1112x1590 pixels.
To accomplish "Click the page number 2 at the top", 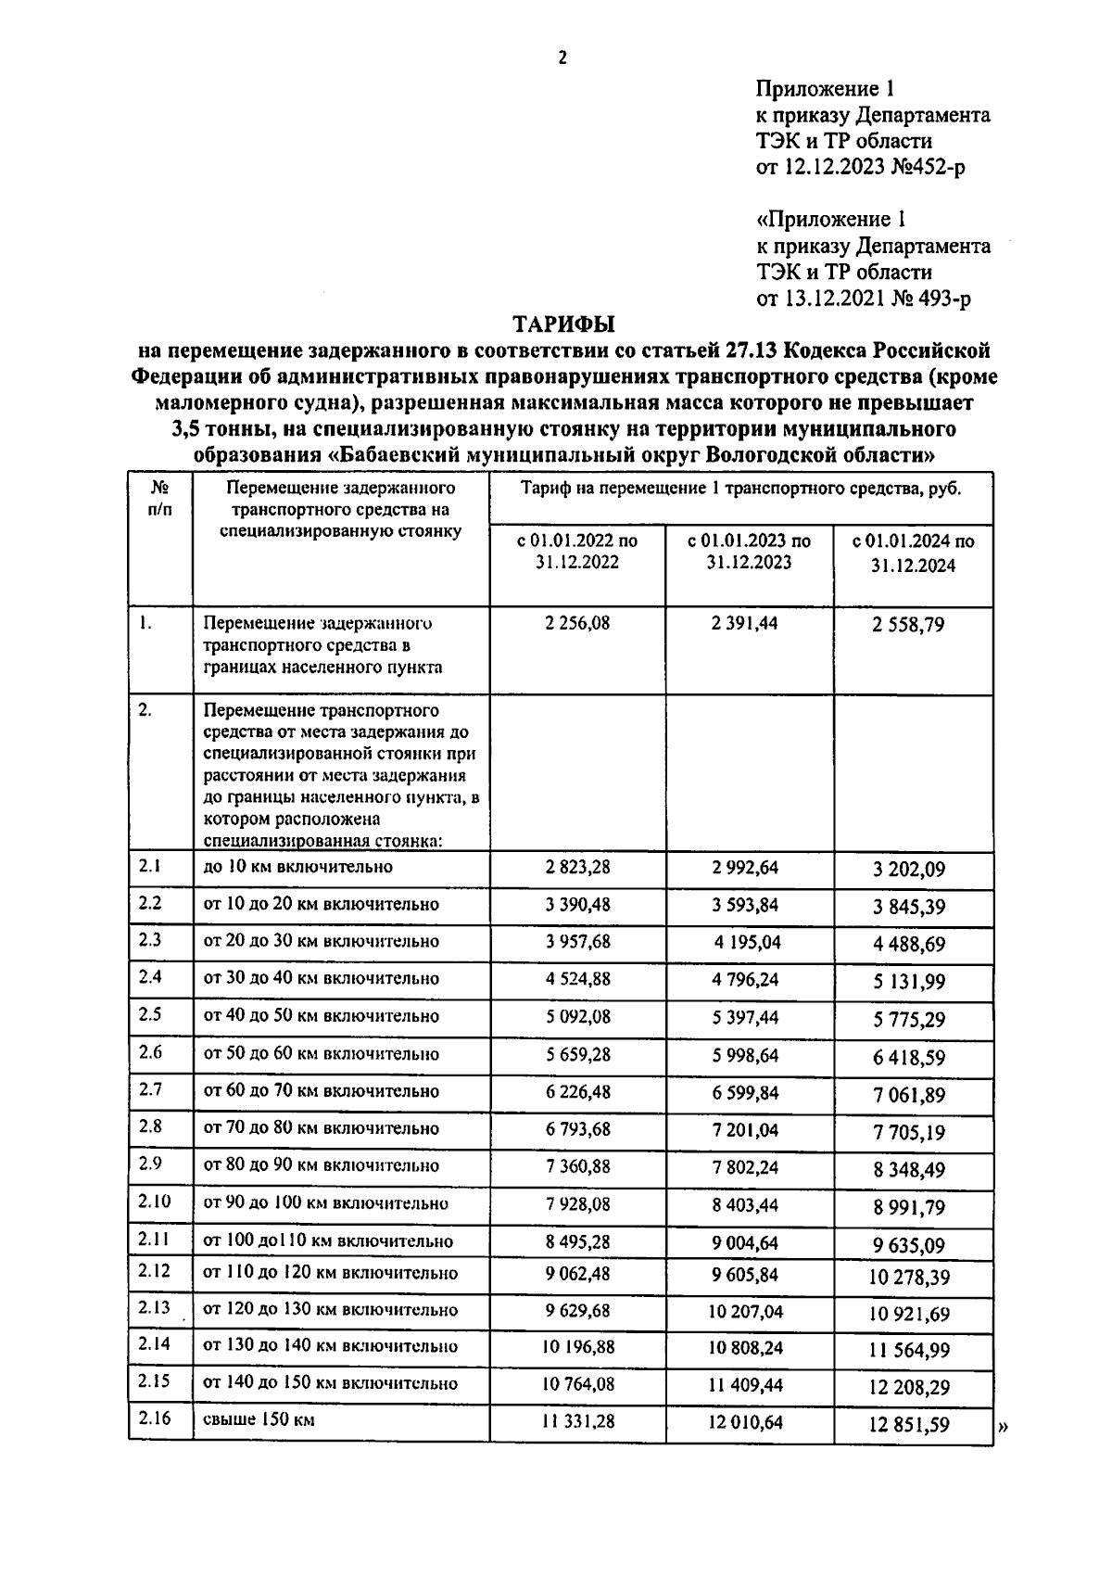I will (562, 58).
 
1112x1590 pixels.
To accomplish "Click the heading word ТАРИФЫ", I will (564, 324).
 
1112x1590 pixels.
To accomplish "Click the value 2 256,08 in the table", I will (577, 623).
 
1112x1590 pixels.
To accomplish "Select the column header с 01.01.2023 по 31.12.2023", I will (749, 552).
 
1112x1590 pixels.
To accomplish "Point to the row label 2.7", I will (150, 1089).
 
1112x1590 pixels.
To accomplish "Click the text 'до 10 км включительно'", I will (297, 867).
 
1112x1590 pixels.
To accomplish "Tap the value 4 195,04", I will (747, 943).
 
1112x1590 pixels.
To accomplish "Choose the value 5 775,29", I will (908, 1020).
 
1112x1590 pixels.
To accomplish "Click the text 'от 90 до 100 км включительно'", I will (325, 1203).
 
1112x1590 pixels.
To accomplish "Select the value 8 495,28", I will (577, 1241).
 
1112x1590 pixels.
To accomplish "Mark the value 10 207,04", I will (745, 1312).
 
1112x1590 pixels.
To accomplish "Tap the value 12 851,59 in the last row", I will (908, 1425).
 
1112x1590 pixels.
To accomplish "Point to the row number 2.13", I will (154, 1307).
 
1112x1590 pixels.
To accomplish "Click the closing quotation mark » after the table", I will (1004, 1429).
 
